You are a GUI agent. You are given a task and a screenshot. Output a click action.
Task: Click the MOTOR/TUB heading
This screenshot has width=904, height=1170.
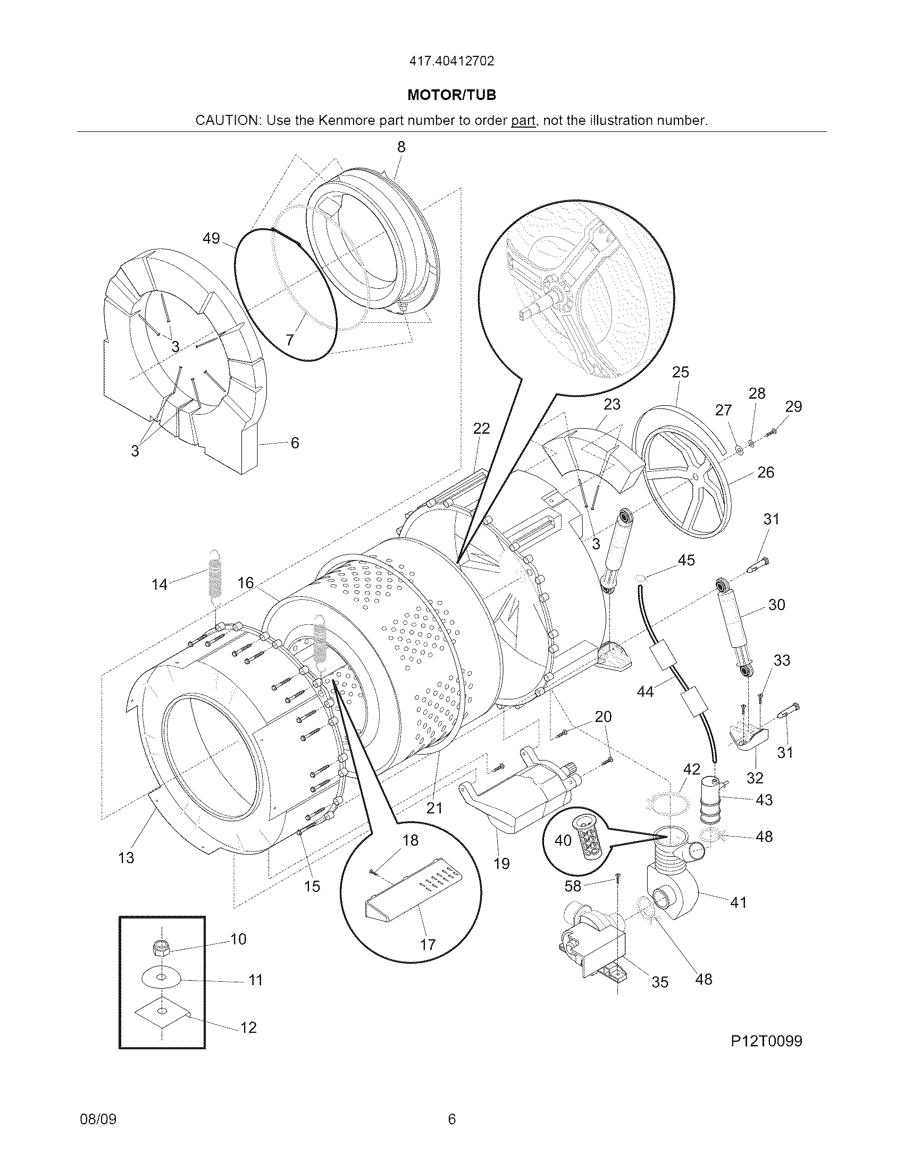click(451, 95)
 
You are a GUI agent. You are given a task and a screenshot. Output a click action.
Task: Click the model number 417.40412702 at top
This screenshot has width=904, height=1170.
click(451, 61)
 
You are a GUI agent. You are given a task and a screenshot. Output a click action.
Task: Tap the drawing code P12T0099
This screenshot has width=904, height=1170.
click(766, 1041)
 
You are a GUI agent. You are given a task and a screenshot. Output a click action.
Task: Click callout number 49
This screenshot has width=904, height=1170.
click(211, 238)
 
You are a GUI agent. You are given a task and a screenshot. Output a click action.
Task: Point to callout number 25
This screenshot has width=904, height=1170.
click(680, 372)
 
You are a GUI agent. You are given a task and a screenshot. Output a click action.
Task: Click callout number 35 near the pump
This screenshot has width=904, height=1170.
click(660, 982)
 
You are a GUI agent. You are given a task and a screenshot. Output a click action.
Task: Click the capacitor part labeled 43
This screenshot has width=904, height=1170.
click(710, 801)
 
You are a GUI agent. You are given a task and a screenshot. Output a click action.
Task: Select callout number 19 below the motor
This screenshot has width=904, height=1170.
click(501, 863)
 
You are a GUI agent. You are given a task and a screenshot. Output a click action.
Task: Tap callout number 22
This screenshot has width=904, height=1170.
click(481, 428)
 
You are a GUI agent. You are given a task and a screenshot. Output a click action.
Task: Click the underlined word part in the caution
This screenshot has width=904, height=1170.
click(523, 121)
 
